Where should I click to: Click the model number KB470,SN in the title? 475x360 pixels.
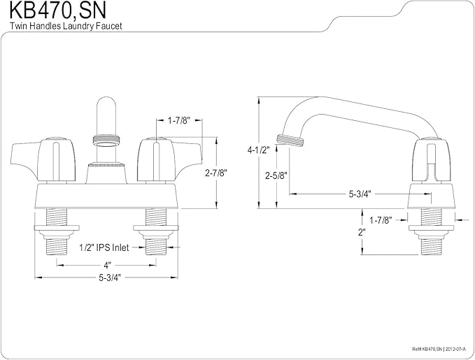pos(57,10)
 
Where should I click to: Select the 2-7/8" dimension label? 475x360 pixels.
pos(215,173)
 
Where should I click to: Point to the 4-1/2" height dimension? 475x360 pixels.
pos(258,150)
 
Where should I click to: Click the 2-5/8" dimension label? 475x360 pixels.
pos(276,175)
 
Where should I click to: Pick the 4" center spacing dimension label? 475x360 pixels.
pos(107,266)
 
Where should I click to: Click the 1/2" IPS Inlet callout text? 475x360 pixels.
pos(104,247)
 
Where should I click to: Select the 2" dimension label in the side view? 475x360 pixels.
pos(362,233)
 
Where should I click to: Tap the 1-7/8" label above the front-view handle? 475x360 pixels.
pos(178,121)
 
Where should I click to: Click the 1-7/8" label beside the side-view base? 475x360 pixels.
pos(381,220)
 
